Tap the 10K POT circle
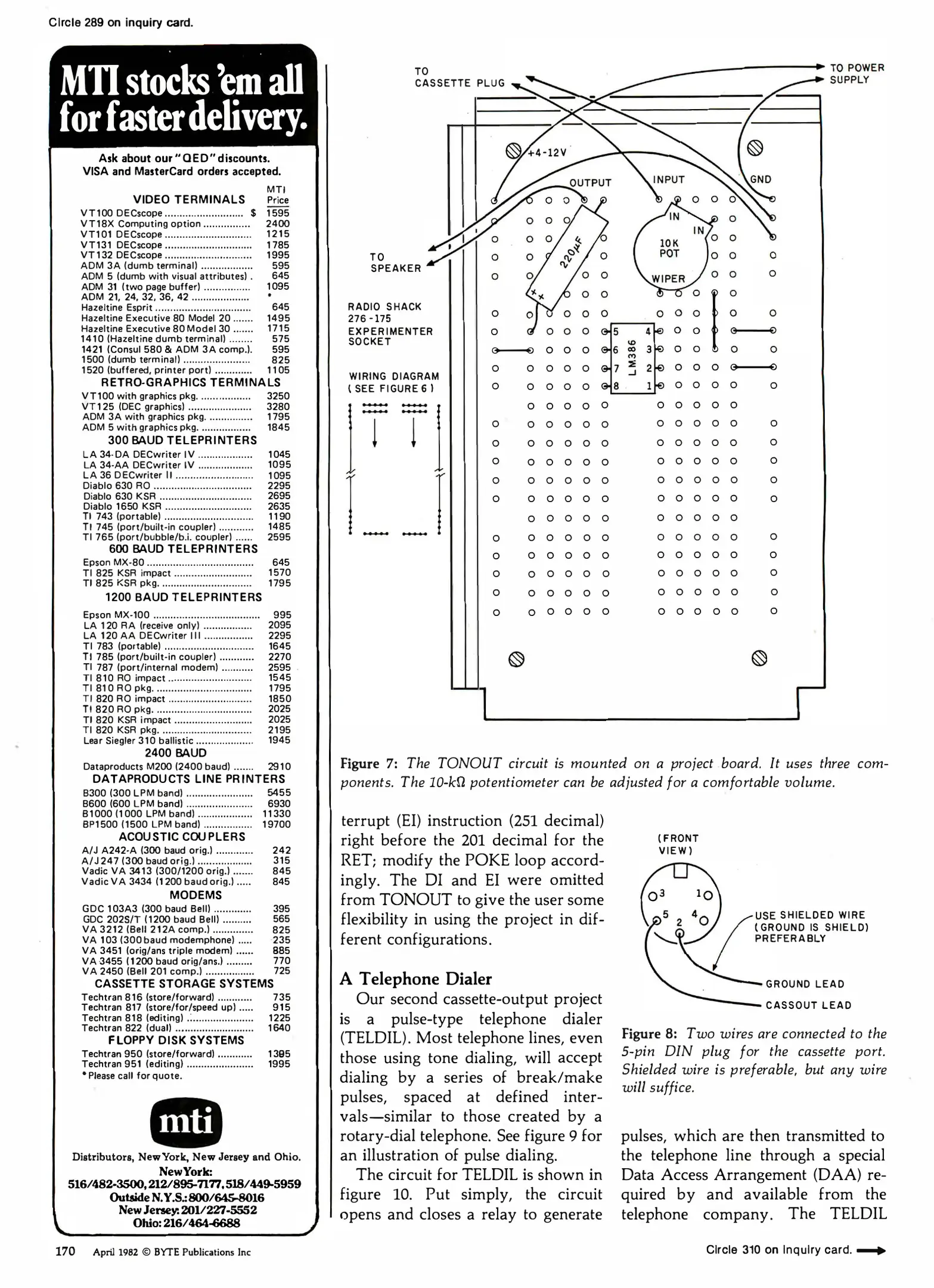pyautogui.click(x=669, y=249)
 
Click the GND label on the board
pyautogui.click(x=761, y=179)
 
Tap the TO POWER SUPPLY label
pyautogui.click(x=857, y=74)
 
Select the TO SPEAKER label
pyautogui.click(x=395, y=263)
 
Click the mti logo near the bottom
pyautogui.click(x=186, y=1123)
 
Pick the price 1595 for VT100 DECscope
pyautogui.click(x=278, y=213)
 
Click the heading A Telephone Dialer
pyautogui.click(x=415, y=979)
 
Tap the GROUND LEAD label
pyautogui.click(x=805, y=984)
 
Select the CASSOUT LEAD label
pyautogui.click(x=808, y=1005)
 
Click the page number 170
pyautogui.click(x=65, y=1251)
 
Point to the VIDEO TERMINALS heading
pyautogui.click(x=189, y=200)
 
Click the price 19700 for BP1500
pyautogui.click(x=277, y=824)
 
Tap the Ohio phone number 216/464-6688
pyautogui.click(x=186, y=1223)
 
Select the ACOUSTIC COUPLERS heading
pyautogui.click(x=182, y=837)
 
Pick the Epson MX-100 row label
pyautogui.click(x=116, y=615)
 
